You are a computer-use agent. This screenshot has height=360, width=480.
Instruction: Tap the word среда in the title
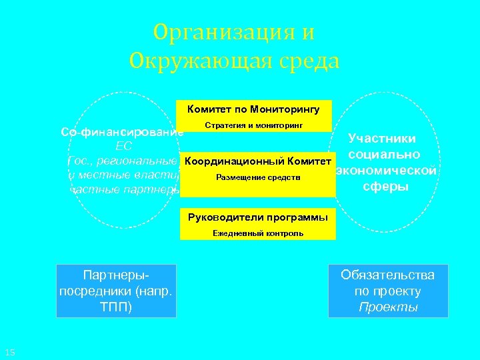pos(306,62)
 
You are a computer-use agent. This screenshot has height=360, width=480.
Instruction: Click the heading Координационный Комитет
pos(257,162)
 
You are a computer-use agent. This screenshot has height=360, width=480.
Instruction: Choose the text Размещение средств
pos(258,177)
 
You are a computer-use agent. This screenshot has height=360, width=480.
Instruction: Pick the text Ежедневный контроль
pos(258,233)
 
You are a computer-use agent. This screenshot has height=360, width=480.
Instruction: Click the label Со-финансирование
pos(122,132)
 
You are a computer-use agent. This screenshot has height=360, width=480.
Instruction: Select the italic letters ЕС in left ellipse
pos(124,147)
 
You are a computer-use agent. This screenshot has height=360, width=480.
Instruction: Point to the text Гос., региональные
pos(124,161)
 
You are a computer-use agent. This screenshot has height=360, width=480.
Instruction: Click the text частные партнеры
pos(125,189)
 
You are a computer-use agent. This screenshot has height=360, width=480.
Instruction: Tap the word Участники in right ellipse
pos(383,139)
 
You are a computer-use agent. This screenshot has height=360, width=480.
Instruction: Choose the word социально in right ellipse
pos(383,155)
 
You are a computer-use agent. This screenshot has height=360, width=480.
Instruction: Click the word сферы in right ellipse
pos(385,186)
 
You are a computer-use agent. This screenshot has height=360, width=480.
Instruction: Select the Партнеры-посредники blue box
pos(117,291)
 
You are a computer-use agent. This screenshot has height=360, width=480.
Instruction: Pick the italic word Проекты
pos(388,307)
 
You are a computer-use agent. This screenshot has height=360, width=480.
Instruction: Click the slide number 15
pos(9,352)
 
